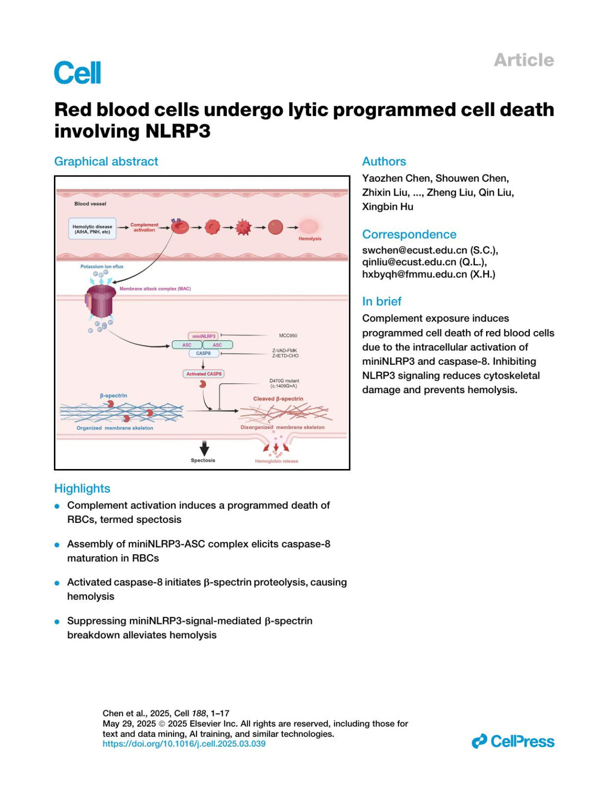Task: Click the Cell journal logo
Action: (x=78, y=73)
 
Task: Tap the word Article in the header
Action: (x=524, y=60)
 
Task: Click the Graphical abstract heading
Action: (x=106, y=162)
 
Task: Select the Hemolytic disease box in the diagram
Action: (x=92, y=229)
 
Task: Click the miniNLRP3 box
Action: (x=204, y=336)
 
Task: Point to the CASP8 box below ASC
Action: (x=203, y=353)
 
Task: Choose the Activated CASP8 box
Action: (x=204, y=374)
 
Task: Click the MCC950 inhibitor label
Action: (x=288, y=336)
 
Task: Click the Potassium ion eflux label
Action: (x=102, y=266)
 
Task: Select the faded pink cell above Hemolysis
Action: (x=309, y=226)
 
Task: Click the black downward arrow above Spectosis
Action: (x=204, y=448)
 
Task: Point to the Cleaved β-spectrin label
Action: (x=278, y=399)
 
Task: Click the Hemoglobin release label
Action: (x=276, y=461)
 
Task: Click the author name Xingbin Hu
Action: (x=388, y=207)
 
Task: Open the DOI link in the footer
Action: (x=184, y=744)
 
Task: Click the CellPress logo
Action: (x=513, y=742)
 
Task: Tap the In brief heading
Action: (x=381, y=301)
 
